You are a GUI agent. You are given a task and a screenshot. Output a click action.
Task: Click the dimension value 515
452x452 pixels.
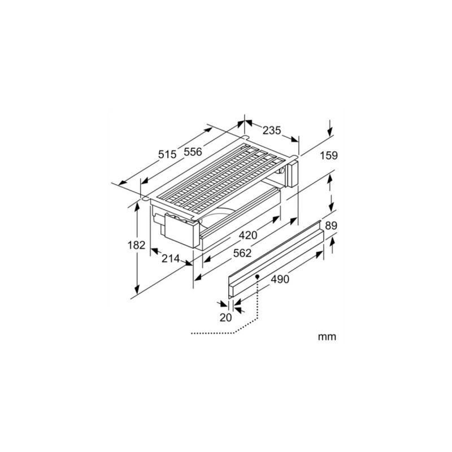click(167, 154)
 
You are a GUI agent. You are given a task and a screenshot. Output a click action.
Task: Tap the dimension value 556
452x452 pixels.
click(193, 151)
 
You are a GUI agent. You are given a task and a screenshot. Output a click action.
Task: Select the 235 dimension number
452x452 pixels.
click(272, 131)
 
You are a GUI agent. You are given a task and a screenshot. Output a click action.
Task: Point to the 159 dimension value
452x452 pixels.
click(329, 155)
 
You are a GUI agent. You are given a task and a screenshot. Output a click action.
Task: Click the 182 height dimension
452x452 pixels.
click(136, 245)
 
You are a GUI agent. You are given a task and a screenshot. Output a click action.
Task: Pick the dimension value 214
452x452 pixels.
click(171, 259)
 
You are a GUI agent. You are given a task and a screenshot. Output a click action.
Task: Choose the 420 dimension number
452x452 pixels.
click(248, 235)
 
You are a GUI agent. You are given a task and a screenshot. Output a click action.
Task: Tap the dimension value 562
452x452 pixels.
click(242, 253)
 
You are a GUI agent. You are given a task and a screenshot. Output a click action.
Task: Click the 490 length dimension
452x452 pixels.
click(280, 279)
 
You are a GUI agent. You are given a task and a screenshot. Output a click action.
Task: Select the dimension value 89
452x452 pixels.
click(331, 225)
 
